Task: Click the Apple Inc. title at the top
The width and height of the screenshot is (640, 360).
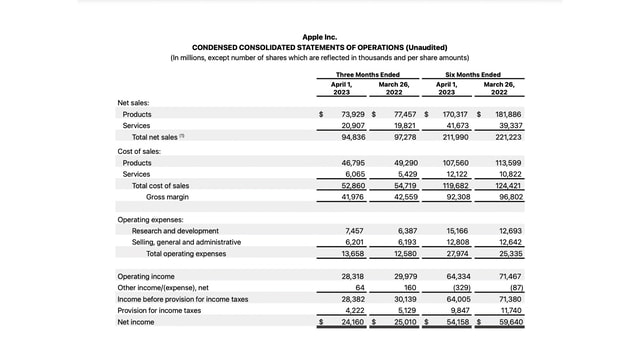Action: (319, 37)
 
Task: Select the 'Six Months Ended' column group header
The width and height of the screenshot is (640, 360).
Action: (473, 74)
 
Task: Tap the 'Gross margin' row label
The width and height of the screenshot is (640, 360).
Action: (167, 197)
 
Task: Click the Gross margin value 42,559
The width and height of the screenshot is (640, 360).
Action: (402, 197)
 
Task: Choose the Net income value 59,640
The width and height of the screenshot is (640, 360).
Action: (509, 323)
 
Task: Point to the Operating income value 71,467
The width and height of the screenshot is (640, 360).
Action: (509, 276)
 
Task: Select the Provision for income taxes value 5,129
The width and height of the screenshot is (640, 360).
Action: (404, 311)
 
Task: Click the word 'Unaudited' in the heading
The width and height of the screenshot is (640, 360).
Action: (425, 48)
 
